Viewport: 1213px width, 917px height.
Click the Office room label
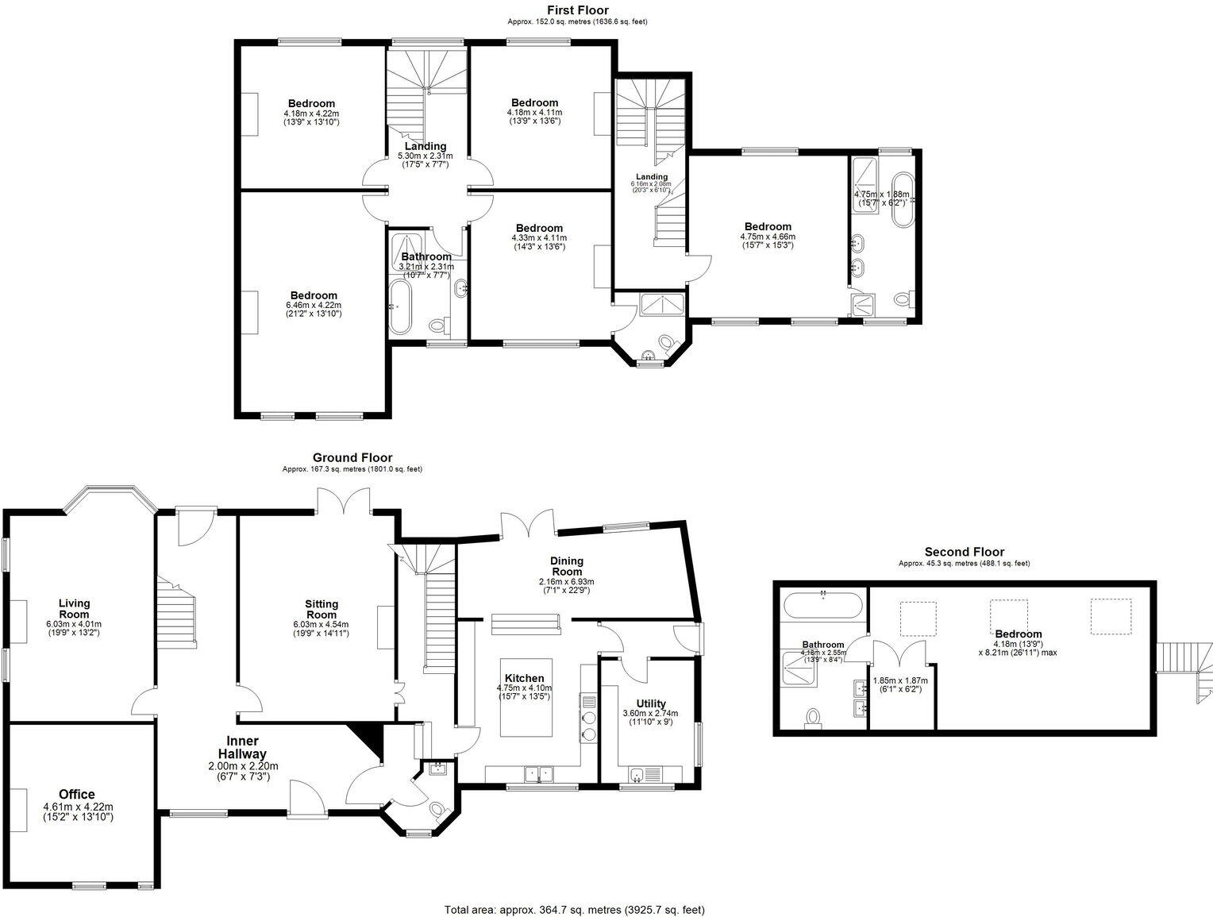click(x=77, y=794)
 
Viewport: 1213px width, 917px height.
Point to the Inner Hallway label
click(x=238, y=747)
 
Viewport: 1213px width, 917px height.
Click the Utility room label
click(x=650, y=703)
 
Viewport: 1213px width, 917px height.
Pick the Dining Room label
click(x=566, y=566)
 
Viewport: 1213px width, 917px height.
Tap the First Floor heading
click(x=577, y=10)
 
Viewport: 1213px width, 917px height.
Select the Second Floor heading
click(x=964, y=552)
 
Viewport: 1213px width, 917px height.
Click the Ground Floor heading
click(x=352, y=457)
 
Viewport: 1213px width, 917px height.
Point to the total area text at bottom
click(x=574, y=910)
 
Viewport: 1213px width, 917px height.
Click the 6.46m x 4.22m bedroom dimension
click(x=313, y=305)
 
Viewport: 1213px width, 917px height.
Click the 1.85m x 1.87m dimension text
click(x=899, y=680)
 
